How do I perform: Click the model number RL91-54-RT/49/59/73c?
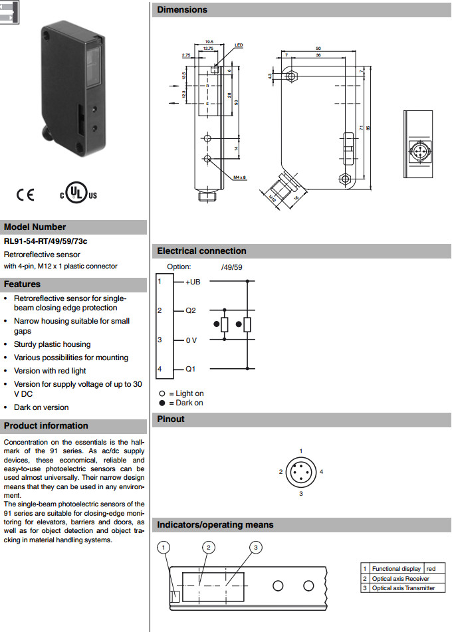[x=45, y=241]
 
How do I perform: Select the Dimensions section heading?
[x=182, y=10]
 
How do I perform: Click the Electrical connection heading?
[x=201, y=251]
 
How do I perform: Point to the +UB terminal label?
[x=193, y=282]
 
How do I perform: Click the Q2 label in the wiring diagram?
[x=191, y=310]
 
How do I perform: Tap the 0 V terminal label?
[x=191, y=340]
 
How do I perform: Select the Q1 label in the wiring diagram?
[x=191, y=369]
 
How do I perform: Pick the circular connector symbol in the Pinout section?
[x=300, y=473]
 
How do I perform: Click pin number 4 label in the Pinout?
[x=322, y=472]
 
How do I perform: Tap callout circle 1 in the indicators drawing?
[x=164, y=548]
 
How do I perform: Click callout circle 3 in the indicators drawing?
[x=255, y=547]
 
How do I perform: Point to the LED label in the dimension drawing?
[x=239, y=45]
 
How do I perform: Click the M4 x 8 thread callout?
[x=240, y=177]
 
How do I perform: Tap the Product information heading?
[x=46, y=426]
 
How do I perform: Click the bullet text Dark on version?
[x=41, y=407]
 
